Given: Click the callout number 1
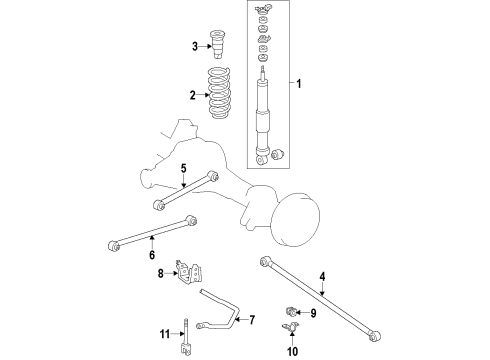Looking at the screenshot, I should tap(295, 82).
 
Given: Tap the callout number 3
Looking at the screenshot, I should tap(196, 46).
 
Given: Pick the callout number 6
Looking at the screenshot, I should tap(152, 255).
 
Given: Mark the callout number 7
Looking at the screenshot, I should tap(252, 320).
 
